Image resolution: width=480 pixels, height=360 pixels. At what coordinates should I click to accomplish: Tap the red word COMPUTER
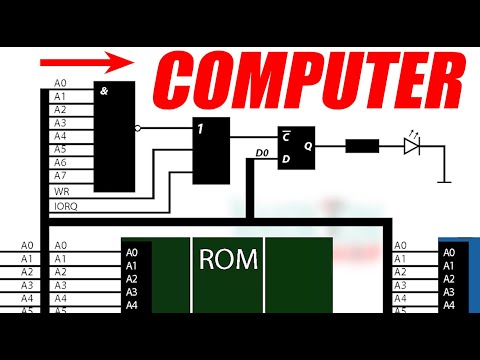click(311, 75)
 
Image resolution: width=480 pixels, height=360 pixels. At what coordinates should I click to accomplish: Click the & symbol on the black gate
click(104, 92)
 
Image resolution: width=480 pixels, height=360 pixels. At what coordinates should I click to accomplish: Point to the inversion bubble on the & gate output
click(138, 128)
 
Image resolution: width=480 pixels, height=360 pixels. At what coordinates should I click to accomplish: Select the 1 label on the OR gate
click(201, 127)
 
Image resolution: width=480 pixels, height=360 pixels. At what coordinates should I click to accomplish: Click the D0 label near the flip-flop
click(262, 153)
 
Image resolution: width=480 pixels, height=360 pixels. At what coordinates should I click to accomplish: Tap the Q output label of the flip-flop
click(308, 145)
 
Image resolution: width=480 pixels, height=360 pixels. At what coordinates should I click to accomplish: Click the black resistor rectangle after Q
click(361, 145)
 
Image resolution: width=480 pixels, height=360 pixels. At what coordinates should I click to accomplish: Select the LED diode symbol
click(412, 145)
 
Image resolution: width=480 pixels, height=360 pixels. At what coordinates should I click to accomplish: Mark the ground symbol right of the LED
click(445, 180)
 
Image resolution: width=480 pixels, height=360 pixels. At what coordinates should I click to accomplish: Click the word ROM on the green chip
click(228, 260)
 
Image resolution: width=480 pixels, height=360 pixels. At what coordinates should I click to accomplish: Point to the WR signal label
click(60, 190)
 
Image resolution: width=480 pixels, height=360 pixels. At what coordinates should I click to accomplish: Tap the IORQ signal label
click(64, 206)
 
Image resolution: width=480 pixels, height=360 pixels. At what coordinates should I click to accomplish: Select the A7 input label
click(60, 175)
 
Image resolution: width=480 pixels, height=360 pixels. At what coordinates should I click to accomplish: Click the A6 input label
click(60, 162)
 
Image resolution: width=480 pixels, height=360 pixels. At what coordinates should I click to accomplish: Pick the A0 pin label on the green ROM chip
click(132, 253)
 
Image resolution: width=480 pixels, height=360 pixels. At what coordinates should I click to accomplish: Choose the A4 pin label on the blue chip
click(450, 305)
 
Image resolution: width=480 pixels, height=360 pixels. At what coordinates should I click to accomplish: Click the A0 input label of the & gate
click(60, 84)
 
